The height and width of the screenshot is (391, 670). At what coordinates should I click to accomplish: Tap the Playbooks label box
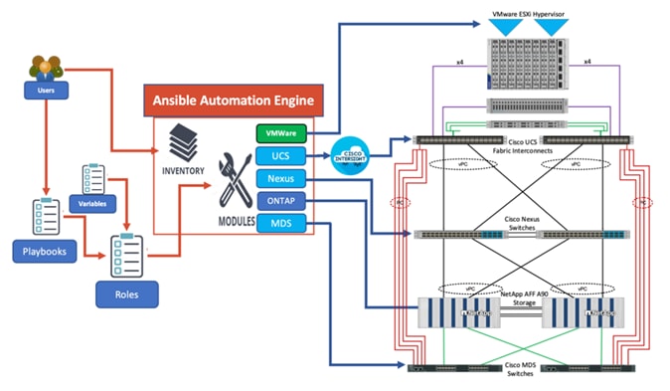point(45,252)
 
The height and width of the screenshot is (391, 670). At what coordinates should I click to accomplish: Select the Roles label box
point(125,295)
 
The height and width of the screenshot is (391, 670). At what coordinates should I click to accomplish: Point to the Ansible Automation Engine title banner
point(234,100)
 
